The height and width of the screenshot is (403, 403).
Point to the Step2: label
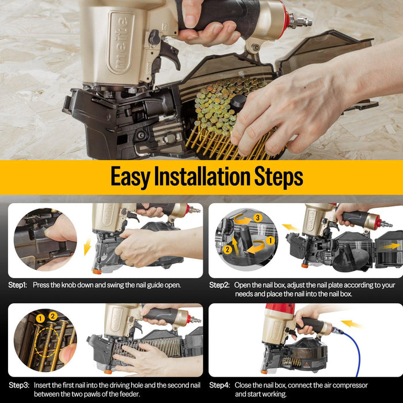(x=220, y=285)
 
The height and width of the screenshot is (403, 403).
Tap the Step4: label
(x=220, y=385)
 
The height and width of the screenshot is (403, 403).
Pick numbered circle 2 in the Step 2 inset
(x=227, y=249)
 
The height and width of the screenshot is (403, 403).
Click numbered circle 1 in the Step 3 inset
(x=40, y=318)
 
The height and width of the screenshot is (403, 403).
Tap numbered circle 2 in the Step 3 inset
(x=53, y=315)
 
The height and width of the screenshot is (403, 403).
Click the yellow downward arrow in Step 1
(x=87, y=248)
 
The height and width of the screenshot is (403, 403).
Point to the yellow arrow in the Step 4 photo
(x=352, y=324)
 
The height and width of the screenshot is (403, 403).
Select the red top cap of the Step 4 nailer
(x=280, y=309)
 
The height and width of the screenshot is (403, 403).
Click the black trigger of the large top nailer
(x=168, y=52)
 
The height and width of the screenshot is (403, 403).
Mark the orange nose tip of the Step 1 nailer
(x=97, y=271)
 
